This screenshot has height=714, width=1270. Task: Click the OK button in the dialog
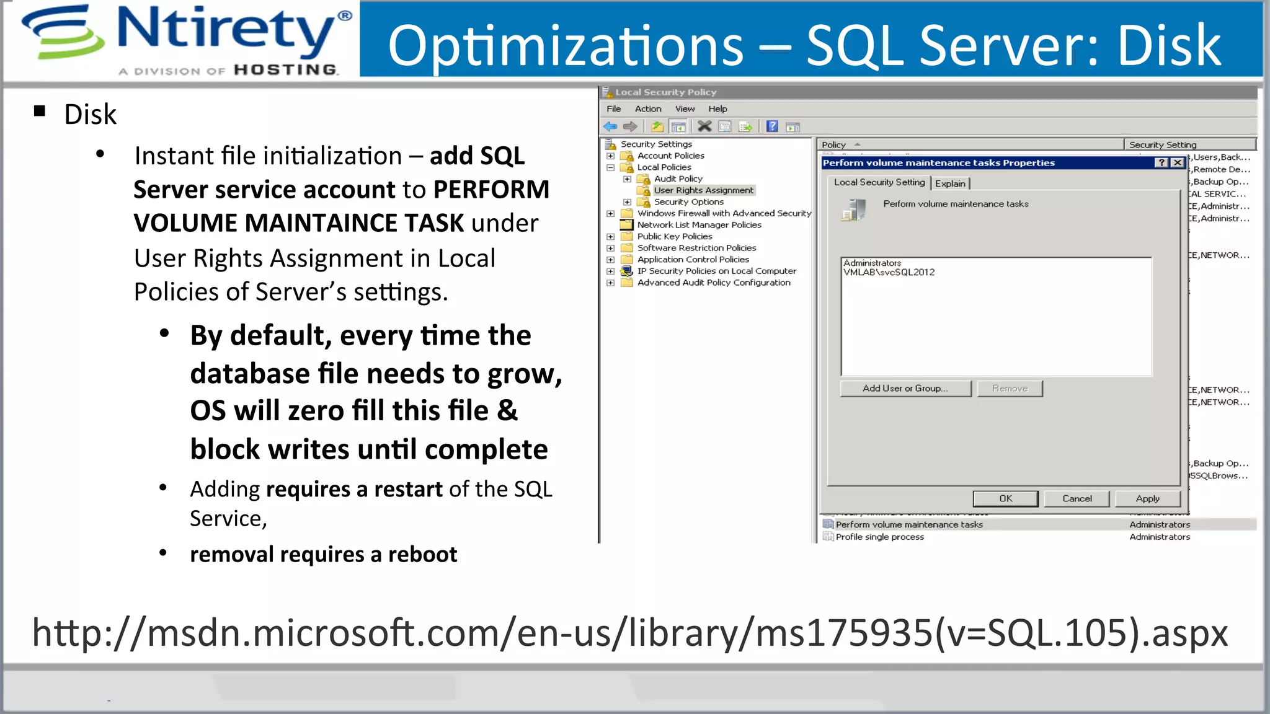point(1005,498)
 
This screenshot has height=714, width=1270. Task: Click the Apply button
point(1147,498)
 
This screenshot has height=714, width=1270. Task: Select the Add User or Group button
point(905,389)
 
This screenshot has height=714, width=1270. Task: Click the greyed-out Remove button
point(1010,389)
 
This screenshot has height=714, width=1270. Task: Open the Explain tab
point(950,183)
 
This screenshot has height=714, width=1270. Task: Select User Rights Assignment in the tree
point(703,190)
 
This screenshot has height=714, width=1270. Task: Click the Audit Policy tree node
point(678,178)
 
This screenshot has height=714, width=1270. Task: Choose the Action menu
point(648,109)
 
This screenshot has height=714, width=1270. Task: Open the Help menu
point(717,109)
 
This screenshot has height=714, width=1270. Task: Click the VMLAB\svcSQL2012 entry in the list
point(889,272)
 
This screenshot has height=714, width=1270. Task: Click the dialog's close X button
point(1177,162)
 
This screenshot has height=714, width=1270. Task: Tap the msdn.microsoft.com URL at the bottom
point(629,633)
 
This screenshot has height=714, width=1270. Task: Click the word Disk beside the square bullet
point(91,115)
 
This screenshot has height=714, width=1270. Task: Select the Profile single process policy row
point(879,537)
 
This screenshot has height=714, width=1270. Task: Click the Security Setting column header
point(1162,144)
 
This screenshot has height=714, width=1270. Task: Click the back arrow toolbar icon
point(610,126)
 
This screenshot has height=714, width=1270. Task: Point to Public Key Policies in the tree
point(674,236)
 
